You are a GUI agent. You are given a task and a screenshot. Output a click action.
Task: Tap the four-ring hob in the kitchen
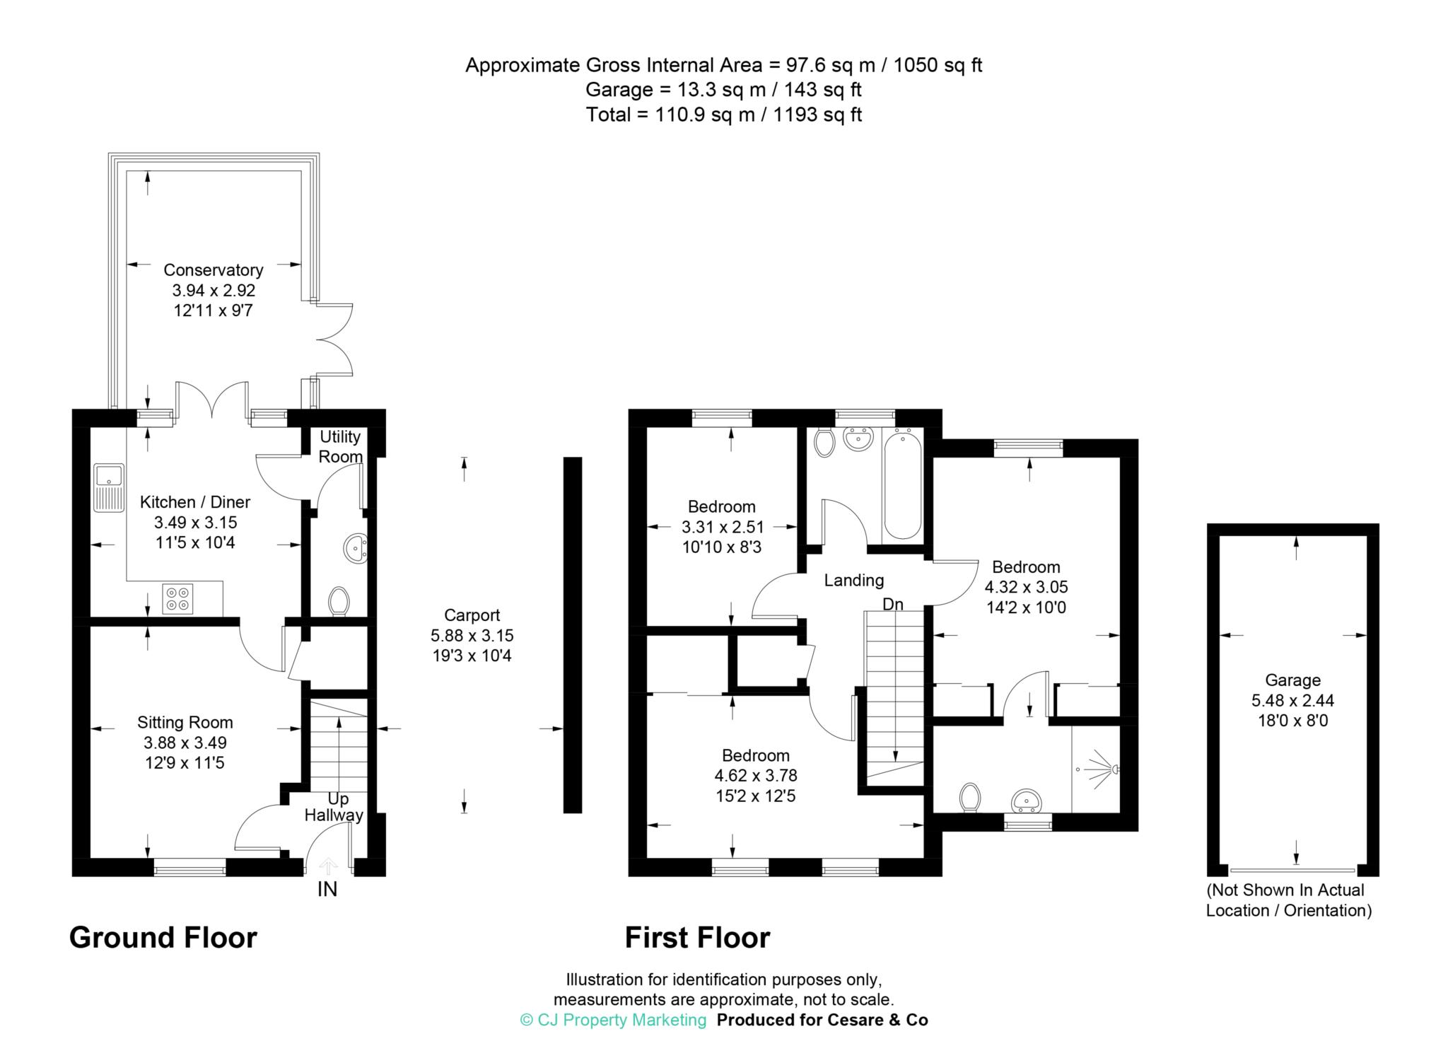[177, 598]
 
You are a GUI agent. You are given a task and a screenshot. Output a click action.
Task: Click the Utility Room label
[340, 446]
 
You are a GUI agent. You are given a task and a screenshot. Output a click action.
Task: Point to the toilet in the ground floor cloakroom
[339, 601]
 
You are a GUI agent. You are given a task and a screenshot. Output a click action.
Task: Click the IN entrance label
[327, 890]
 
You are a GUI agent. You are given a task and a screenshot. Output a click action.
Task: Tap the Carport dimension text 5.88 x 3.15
[472, 635]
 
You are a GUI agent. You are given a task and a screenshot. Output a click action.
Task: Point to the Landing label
[853, 581]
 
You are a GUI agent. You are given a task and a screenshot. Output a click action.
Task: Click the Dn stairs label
[892, 605]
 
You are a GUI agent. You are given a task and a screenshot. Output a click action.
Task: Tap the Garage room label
[1292, 680]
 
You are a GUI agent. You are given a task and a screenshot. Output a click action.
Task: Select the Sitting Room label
[185, 722]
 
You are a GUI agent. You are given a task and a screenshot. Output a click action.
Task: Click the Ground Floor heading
[163, 938]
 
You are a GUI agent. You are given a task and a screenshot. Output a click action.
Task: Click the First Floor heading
[697, 938]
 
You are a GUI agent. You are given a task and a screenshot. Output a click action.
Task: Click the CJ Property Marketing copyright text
[613, 1020]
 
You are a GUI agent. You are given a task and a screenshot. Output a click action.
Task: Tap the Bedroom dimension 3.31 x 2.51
[722, 527]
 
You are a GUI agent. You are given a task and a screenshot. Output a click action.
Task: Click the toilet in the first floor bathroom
[824, 443]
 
